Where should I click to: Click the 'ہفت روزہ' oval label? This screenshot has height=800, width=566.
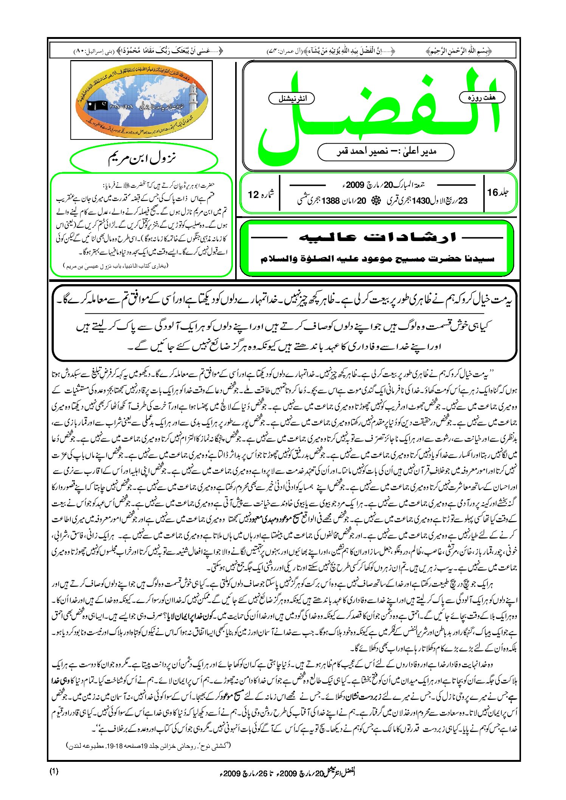tap(482, 97)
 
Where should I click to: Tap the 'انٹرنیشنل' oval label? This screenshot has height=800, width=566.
tap(292, 99)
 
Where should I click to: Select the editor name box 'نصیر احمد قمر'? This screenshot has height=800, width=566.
tap(386, 152)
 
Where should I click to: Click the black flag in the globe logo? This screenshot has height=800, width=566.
tap(98, 105)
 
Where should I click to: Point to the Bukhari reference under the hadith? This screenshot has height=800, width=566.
tap(116, 266)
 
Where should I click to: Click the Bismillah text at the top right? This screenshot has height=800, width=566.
tap(458, 50)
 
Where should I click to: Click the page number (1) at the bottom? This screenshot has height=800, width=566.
tap(54, 771)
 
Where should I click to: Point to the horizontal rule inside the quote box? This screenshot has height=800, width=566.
tap(284, 314)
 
